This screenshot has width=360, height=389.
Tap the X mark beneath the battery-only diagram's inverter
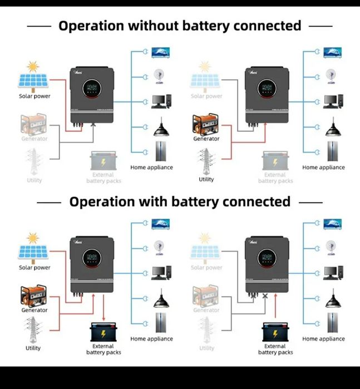coord(265,297)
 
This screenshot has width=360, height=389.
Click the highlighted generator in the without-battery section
coord(206,124)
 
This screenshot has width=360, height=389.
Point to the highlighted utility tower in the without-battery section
coord(206,161)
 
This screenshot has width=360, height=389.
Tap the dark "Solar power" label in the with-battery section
coord(34,268)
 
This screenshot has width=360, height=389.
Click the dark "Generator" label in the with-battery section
coord(34,310)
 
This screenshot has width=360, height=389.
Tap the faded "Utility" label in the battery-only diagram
coord(206,348)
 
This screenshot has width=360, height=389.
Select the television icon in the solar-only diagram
coord(161,53)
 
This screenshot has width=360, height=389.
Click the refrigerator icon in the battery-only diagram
coord(333,323)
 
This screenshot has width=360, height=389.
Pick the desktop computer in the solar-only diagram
coord(161,102)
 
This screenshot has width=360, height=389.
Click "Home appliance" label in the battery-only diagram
coord(323,339)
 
